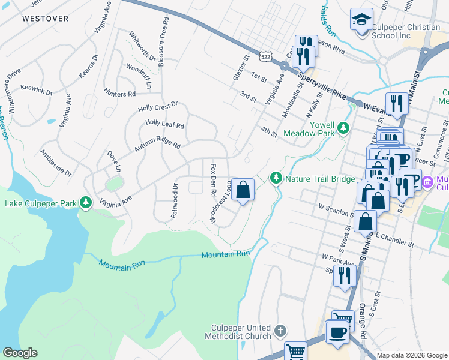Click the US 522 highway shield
point(264,56)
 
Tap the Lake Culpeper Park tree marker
point(86,203)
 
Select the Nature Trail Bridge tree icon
point(276,178)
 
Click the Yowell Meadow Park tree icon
point(343,128)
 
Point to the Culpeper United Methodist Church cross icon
point(280,331)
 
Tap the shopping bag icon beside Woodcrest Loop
point(243,190)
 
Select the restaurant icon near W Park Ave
point(344,275)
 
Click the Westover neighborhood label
point(45,19)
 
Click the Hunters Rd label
point(119,94)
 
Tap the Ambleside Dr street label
point(56,162)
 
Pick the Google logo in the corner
point(19,353)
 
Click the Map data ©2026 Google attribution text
point(412,355)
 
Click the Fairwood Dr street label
point(175,201)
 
